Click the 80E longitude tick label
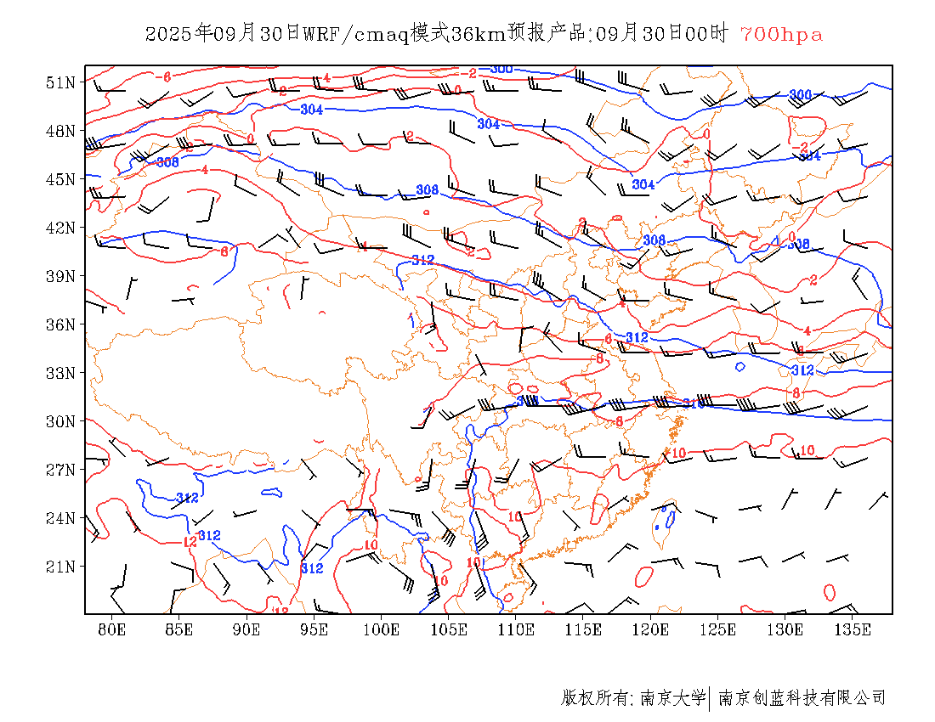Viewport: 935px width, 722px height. pos(112,629)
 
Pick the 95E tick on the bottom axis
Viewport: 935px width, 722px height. pos(314,629)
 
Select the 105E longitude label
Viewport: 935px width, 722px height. pos(449,629)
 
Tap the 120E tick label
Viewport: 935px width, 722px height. pos(651,629)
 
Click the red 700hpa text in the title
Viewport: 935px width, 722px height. pos(781,35)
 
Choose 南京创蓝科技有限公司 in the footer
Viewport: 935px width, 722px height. pos(802,698)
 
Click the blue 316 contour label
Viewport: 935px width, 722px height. pos(694,403)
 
